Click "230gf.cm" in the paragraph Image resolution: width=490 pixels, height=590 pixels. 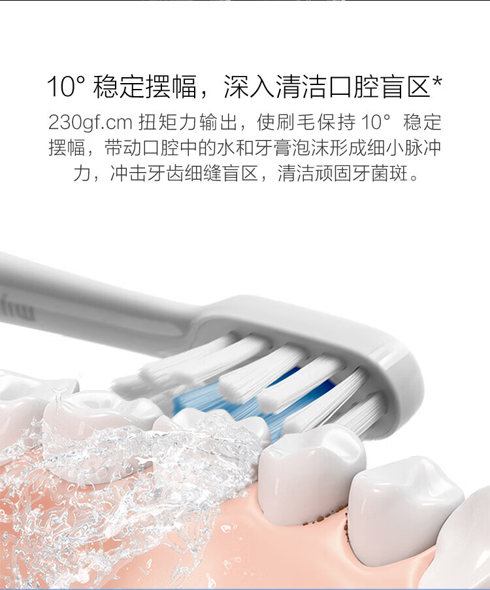[x=90, y=122]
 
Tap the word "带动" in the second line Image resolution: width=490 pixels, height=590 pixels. [x=118, y=148]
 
